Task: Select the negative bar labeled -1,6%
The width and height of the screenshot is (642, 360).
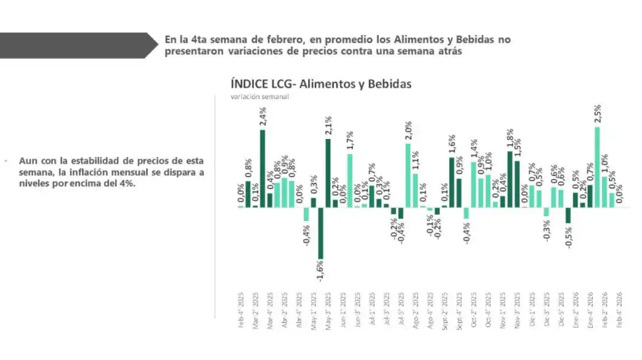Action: [320, 233]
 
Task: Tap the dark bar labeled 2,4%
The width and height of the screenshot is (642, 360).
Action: [263, 168]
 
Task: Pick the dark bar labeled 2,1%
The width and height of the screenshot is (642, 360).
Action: [327, 173]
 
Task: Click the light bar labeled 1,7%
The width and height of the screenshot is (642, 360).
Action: [350, 180]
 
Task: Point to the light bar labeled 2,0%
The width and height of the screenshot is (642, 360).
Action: [408, 175]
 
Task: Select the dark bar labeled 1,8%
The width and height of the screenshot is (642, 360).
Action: [510, 179]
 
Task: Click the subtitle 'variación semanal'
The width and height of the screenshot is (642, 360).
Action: [259, 97]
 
